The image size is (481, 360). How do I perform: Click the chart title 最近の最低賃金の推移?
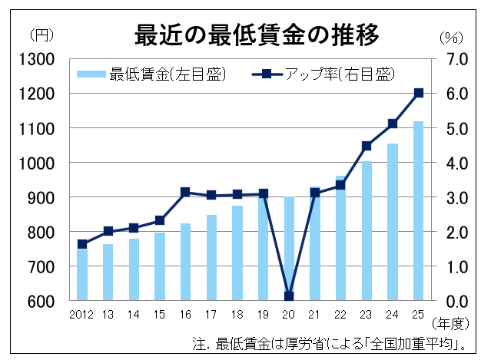[x=257, y=35]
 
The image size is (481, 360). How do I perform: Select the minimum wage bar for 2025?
[x=419, y=211]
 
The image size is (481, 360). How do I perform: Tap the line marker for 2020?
[x=289, y=296]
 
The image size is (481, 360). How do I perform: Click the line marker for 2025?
[x=419, y=93]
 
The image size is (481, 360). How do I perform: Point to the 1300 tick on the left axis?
[x=38, y=59]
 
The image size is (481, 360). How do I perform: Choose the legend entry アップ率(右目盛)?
[x=323, y=74]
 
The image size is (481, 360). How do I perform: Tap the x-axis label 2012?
[x=81, y=315]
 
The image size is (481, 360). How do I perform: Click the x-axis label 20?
[x=289, y=315]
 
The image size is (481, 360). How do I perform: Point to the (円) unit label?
[x=40, y=35]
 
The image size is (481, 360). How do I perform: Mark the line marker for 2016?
[x=185, y=192]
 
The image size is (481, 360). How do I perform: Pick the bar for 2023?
[x=367, y=231]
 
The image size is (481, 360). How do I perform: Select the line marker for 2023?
[x=367, y=146]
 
